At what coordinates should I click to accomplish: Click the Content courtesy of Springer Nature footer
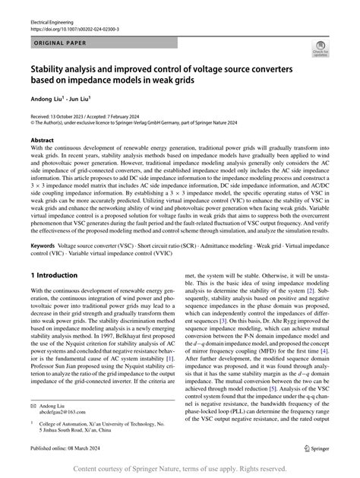point(179,470)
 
